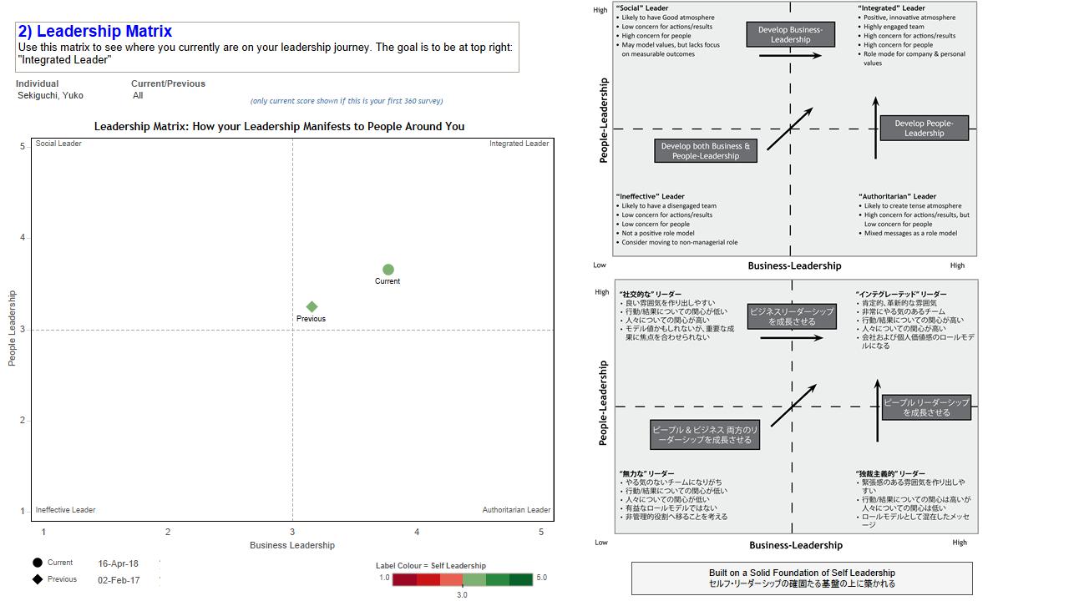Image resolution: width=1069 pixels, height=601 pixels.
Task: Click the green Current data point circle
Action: click(x=388, y=270)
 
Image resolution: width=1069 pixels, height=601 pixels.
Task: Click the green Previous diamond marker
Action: click(x=312, y=307)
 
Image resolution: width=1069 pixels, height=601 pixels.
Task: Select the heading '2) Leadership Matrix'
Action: click(x=95, y=32)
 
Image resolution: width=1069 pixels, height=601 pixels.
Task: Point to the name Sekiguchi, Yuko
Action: click(x=50, y=95)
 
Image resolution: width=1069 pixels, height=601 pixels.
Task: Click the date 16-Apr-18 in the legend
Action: click(x=118, y=563)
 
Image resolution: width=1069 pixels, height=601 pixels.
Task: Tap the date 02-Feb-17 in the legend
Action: click(x=118, y=580)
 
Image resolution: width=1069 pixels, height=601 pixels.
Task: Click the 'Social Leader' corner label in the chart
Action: click(x=58, y=144)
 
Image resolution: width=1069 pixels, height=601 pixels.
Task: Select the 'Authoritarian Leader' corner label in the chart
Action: click(x=516, y=510)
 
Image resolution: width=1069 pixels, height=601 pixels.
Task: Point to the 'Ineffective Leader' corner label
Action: click(x=65, y=510)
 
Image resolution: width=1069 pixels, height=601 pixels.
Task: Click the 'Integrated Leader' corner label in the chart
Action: click(x=519, y=144)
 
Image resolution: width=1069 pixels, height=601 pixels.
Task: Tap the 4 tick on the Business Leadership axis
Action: click(x=417, y=532)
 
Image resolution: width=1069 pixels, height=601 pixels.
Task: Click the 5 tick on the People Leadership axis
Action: click(x=23, y=147)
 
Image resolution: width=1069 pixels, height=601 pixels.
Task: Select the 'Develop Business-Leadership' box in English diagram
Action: click(x=790, y=34)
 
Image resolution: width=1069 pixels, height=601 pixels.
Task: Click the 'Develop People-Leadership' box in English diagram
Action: click(x=924, y=128)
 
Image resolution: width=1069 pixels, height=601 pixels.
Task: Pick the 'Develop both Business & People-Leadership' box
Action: click(x=706, y=151)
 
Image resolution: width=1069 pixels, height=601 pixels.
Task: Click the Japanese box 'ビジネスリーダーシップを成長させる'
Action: click(x=792, y=316)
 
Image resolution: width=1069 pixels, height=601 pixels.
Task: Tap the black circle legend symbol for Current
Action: click(x=38, y=563)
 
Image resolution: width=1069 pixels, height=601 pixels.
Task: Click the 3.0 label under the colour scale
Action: click(x=462, y=595)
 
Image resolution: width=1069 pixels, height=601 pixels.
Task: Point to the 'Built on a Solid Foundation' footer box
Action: click(x=802, y=578)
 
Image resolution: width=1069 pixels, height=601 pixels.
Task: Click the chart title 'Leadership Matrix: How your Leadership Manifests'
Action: click(x=279, y=126)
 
